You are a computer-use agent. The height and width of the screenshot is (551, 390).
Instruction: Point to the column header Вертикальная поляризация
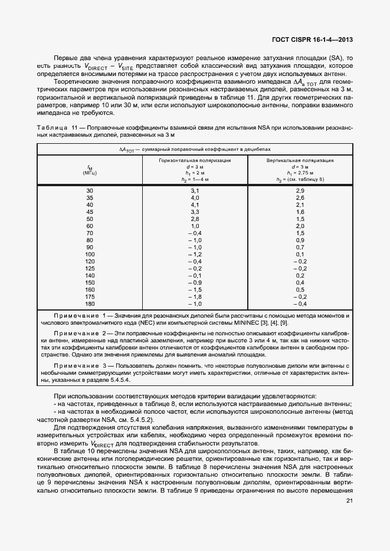pyautogui.click(x=300, y=160)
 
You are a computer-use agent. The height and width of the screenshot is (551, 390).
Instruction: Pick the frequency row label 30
pyautogui.click(x=90, y=191)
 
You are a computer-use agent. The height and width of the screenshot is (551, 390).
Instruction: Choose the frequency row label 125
pyautogui.click(x=90, y=268)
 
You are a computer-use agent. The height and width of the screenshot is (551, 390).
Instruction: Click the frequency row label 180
pyautogui.click(x=90, y=303)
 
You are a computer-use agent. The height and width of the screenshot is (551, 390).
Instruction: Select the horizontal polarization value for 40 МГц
pyautogui.click(x=195, y=204)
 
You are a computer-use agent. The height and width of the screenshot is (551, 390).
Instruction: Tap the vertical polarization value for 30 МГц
pyautogui.click(x=300, y=191)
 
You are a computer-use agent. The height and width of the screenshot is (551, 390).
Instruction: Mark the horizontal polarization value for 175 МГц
pyautogui.click(x=195, y=296)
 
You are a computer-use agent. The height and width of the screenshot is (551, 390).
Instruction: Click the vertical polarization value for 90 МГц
pyautogui.click(x=300, y=247)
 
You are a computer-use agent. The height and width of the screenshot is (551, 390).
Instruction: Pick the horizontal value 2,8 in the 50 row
pyautogui.click(x=195, y=219)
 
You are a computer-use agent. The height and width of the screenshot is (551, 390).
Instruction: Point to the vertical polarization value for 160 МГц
pyautogui.click(x=300, y=289)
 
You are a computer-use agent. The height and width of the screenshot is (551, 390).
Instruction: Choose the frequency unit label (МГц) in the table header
pyautogui.click(x=90, y=173)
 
